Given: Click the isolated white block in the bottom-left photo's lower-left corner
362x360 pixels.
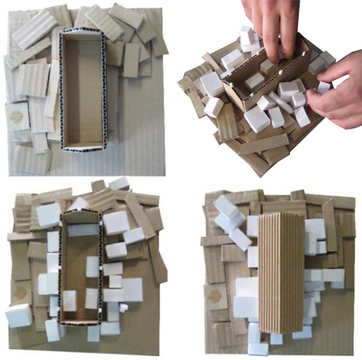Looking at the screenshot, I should [x=18, y=315].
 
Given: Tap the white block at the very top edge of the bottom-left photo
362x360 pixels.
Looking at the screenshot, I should [x=119, y=184].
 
